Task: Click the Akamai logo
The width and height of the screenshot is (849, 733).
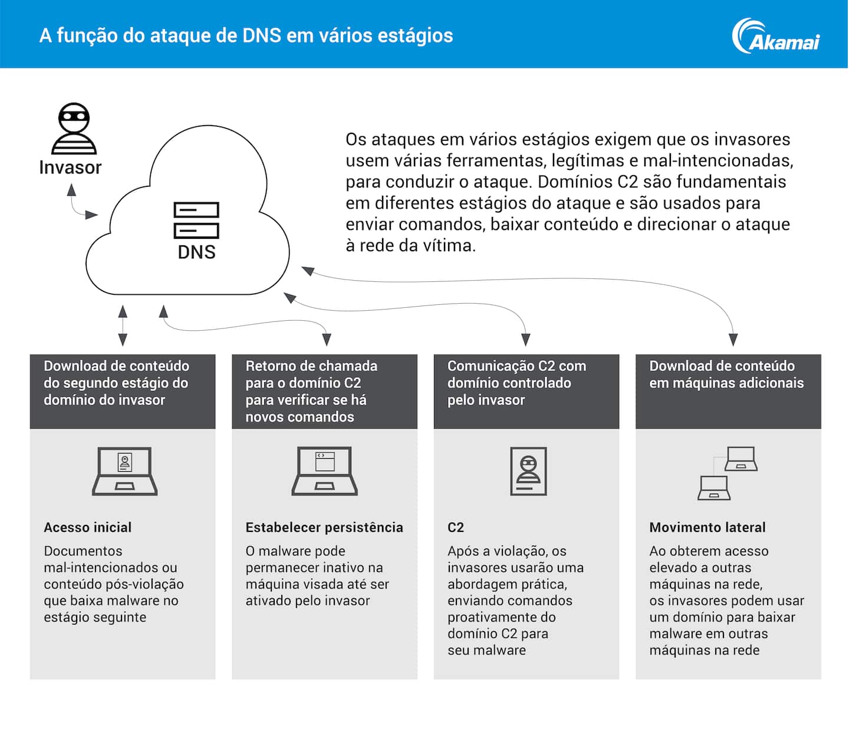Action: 775,37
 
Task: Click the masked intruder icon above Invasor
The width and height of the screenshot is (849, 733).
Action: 74,129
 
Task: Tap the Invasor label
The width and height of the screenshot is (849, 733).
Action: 70,167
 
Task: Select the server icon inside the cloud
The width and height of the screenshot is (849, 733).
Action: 196,220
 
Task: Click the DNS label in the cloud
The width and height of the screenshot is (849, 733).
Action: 196,252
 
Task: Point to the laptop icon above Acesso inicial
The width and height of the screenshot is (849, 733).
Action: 124,471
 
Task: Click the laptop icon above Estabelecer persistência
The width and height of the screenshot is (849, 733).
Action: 325,471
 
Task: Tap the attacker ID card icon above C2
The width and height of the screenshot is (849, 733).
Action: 528,471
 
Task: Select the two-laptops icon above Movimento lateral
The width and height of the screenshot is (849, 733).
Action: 727,473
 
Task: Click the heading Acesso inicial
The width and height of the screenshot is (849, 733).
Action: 87,527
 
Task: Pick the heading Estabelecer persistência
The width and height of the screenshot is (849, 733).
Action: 324,527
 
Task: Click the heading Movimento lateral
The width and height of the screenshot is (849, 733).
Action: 707,527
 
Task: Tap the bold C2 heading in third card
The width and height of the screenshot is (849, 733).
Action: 456,527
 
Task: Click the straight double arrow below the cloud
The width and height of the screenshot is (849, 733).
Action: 123,325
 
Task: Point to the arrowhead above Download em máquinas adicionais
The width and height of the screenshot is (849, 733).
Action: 733,340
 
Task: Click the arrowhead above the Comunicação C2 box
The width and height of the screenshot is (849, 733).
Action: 526,340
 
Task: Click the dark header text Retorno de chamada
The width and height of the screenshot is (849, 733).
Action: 311,366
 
